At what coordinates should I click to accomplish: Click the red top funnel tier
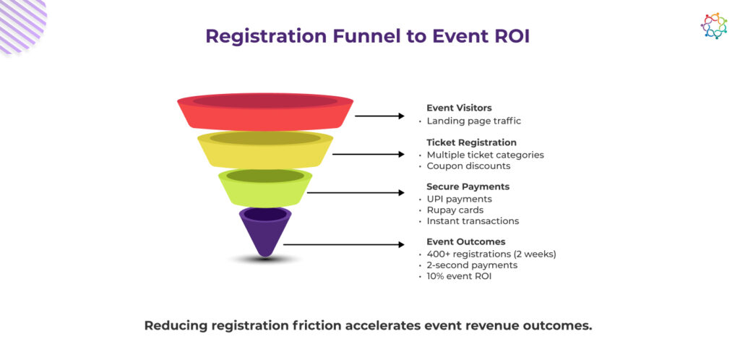pos(265,112)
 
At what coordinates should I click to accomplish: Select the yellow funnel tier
pos(265,150)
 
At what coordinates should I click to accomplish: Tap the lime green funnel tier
pos(265,187)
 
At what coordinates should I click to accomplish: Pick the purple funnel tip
pos(265,230)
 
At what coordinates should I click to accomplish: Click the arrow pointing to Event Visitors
pos(379,116)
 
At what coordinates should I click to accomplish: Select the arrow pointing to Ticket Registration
pos(368,154)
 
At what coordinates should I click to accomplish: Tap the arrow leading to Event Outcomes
pos(343,245)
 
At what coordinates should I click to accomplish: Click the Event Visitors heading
pos(459,108)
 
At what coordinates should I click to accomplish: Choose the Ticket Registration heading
pos(471,142)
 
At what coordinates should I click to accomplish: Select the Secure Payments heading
pos(468,187)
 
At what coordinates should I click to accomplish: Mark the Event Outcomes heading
pos(465,241)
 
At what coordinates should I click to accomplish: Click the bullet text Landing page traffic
pos(473,121)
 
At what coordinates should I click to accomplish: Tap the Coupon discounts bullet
pos(468,166)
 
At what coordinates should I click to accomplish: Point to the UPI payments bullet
pos(459,199)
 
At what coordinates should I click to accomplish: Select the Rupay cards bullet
pos(455,210)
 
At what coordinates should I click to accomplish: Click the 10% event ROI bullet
pos(459,276)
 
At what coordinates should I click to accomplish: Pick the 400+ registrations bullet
pos(491,254)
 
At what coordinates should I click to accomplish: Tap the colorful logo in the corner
pos(713,26)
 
